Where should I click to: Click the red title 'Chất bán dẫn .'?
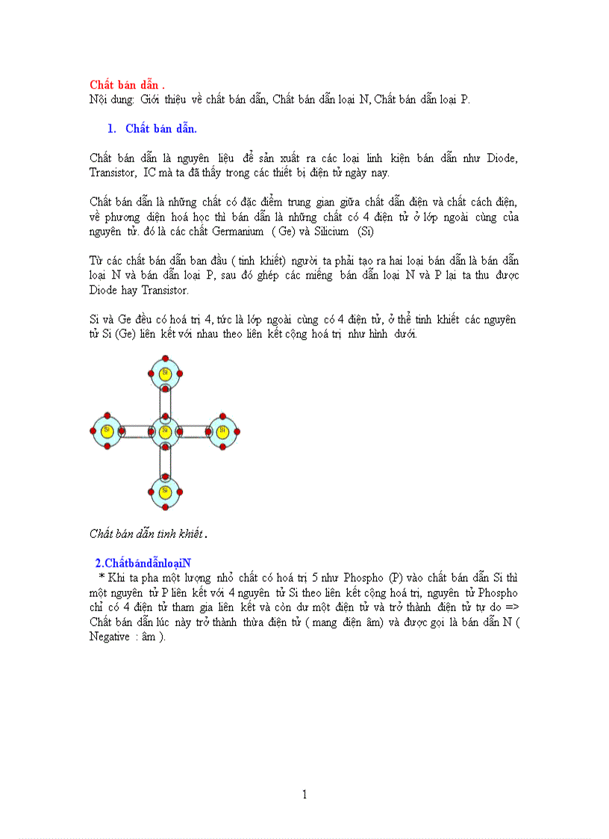coord(127,84)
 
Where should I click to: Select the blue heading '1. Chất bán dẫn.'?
coord(152,129)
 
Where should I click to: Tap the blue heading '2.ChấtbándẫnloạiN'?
coord(143,562)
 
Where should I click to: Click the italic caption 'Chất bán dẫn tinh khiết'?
coord(146,533)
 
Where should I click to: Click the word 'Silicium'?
coord(330,232)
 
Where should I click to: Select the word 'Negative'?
coord(110,637)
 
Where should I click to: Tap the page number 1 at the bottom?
coord(304,794)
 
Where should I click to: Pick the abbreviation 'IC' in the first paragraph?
coord(150,173)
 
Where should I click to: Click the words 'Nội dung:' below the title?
coord(112,99)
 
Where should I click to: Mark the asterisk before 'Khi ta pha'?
coord(100,577)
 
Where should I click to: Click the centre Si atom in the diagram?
coord(165,431)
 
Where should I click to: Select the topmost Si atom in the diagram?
coord(165,373)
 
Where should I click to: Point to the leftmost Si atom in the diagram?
coord(107,431)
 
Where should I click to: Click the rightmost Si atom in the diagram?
coord(222,431)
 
